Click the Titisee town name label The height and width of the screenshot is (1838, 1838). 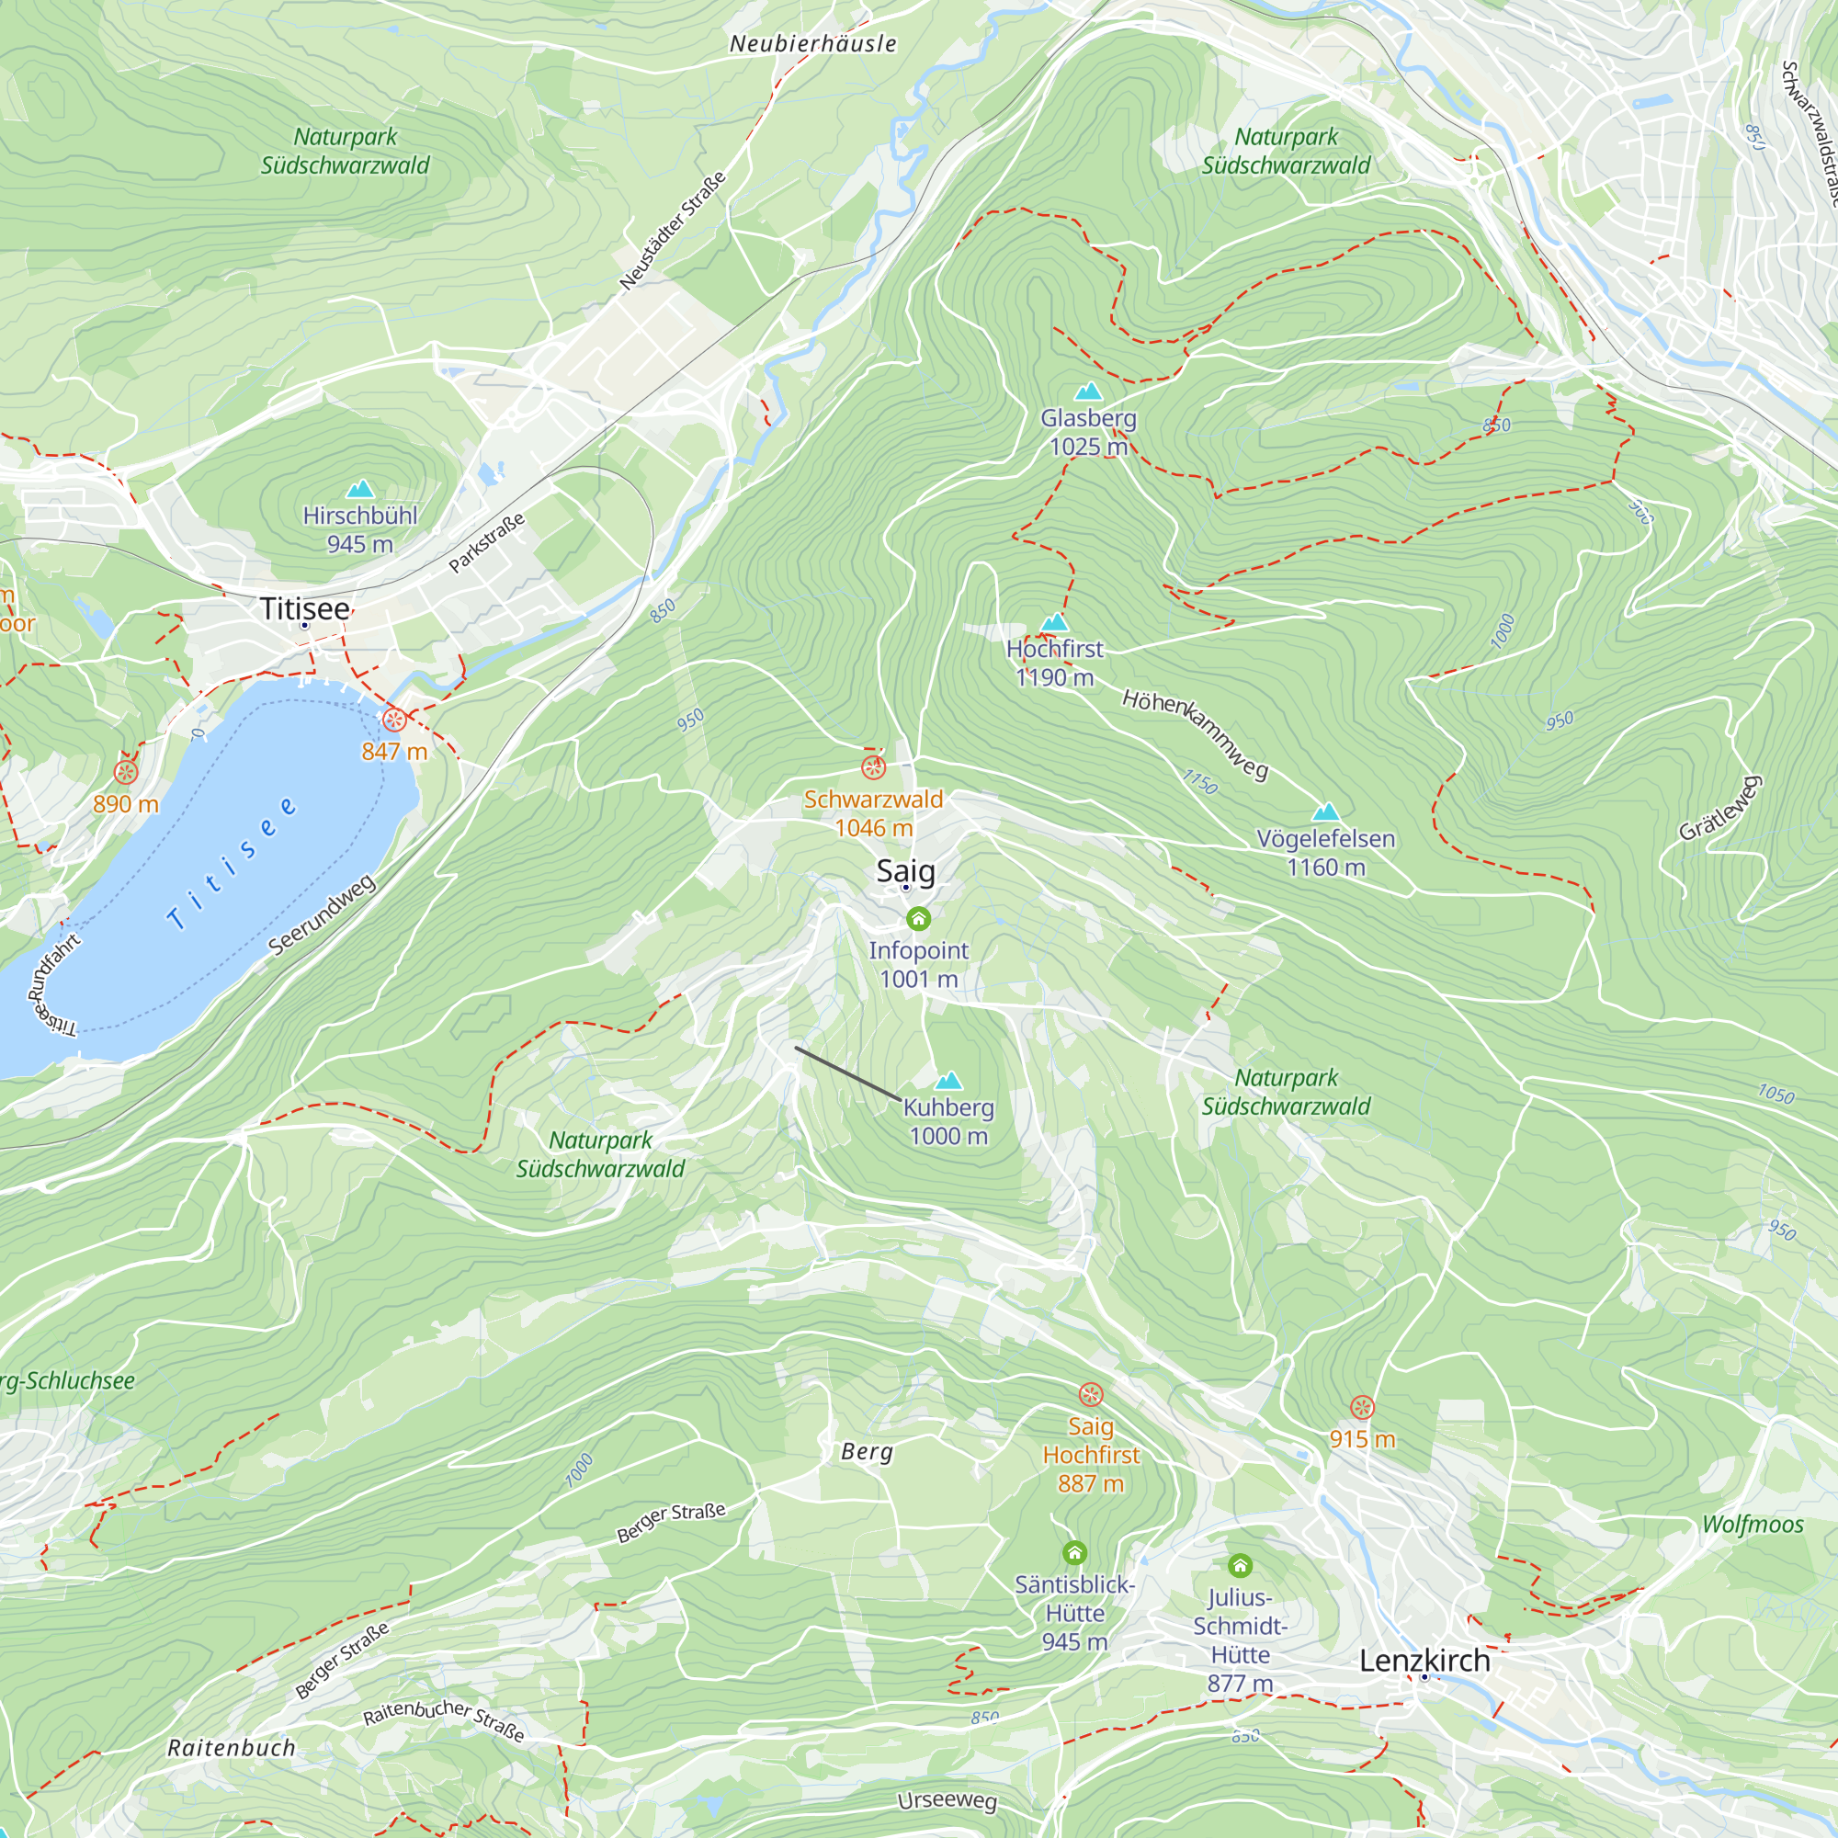(304, 609)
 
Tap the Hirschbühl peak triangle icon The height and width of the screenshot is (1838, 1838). (359, 489)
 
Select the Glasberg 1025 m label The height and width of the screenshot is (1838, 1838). (1088, 432)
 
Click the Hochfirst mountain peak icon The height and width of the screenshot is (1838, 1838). (1054, 622)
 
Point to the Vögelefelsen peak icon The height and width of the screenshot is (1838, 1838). (1325, 811)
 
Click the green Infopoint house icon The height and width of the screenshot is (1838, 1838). (918, 918)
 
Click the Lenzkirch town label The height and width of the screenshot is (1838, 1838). (1424, 1660)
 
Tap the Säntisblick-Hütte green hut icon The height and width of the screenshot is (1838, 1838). (1074, 1552)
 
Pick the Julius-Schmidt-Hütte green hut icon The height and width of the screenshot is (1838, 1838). (1240, 1565)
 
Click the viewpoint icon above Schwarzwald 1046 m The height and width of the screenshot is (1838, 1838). (873, 766)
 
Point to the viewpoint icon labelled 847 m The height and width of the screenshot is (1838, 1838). (394, 720)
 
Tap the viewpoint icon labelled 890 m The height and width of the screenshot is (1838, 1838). (126, 773)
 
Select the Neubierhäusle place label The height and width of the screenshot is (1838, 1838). (812, 44)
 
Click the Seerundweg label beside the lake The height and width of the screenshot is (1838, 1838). (322, 914)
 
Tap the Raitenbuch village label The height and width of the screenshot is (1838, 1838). (232, 1748)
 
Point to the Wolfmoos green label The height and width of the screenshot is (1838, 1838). (1753, 1524)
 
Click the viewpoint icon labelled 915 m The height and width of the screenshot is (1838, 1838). (1362, 1407)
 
